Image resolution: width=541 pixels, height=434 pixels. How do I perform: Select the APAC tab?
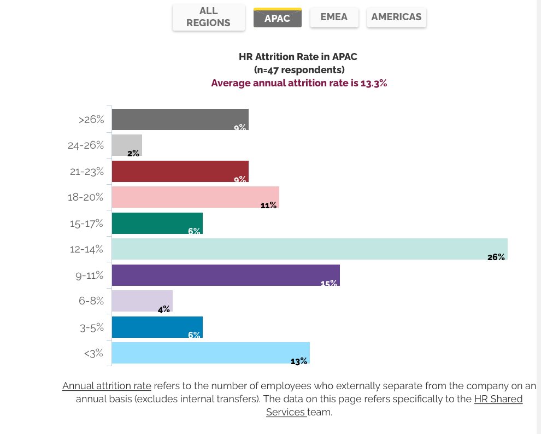tap(277, 18)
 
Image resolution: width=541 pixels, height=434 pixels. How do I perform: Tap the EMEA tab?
tap(334, 17)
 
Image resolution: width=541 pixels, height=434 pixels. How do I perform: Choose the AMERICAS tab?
tap(396, 17)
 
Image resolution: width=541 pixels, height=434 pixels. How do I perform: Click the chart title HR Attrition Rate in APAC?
tap(298, 56)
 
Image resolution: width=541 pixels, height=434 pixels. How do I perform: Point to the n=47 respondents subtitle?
tap(299, 70)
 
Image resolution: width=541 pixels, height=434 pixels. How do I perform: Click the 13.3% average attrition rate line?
tap(299, 83)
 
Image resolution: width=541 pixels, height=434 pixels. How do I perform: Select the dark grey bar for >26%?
tap(180, 119)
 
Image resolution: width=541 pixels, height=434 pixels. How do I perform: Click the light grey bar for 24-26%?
tap(127, 145)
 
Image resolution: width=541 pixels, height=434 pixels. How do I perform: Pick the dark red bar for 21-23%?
tap(180, 171)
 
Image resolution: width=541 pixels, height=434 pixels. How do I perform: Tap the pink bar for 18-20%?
tap(195, 197)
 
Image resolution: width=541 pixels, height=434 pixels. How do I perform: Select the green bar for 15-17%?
tap(157, 223)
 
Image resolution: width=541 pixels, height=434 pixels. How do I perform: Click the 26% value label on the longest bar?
tap(496, 257)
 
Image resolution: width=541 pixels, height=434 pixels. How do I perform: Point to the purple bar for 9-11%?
tap(225, 275)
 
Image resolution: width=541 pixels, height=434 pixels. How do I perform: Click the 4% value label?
tap(163, 309)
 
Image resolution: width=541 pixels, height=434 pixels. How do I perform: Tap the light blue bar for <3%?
tap(210, 353)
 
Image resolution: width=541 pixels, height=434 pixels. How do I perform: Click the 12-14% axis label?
tap(86, 249)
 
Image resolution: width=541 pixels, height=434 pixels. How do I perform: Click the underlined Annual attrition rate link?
tap(107, 385)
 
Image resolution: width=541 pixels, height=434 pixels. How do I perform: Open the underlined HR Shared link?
tap(498, 399)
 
